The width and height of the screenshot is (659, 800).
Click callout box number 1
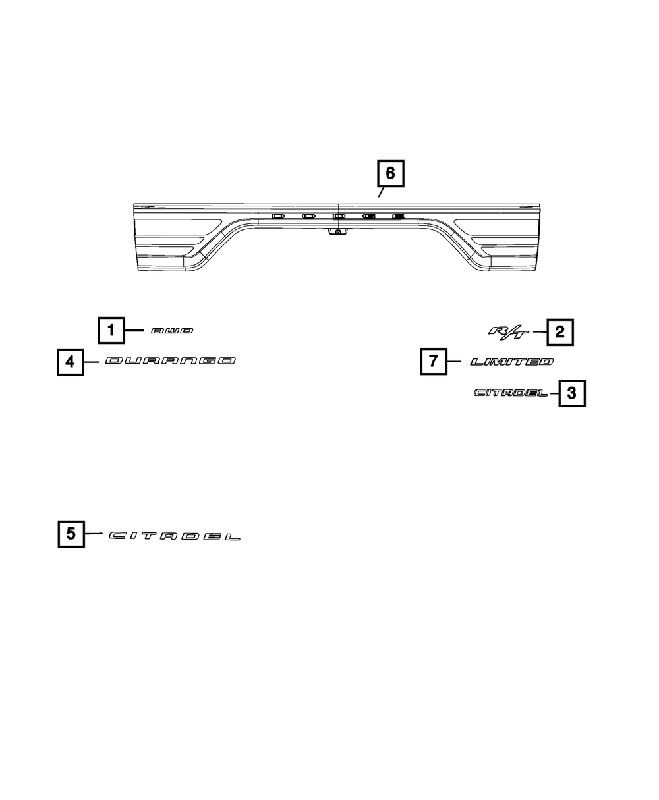point(111,330)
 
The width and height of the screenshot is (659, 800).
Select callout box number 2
point(559,332)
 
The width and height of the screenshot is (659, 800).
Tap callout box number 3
point(571,394)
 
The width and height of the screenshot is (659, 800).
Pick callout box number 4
point(71,362)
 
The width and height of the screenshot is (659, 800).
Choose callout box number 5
point(71,534)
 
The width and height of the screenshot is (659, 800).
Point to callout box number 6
point(390,173)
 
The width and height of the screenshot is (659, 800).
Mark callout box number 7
point(434,362)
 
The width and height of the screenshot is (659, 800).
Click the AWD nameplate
point(172,331)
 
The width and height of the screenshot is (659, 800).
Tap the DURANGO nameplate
point(170,361)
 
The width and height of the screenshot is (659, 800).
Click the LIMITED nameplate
point(511,362)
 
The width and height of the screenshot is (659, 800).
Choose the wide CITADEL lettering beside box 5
point(175,536)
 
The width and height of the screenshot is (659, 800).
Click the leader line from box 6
point(381,192)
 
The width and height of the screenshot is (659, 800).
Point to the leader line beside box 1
point(134,330)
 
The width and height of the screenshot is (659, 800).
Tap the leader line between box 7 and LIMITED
point(456,362)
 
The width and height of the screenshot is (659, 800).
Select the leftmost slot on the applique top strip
point(277,216)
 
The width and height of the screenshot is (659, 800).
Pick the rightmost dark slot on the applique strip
point(398,216)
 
